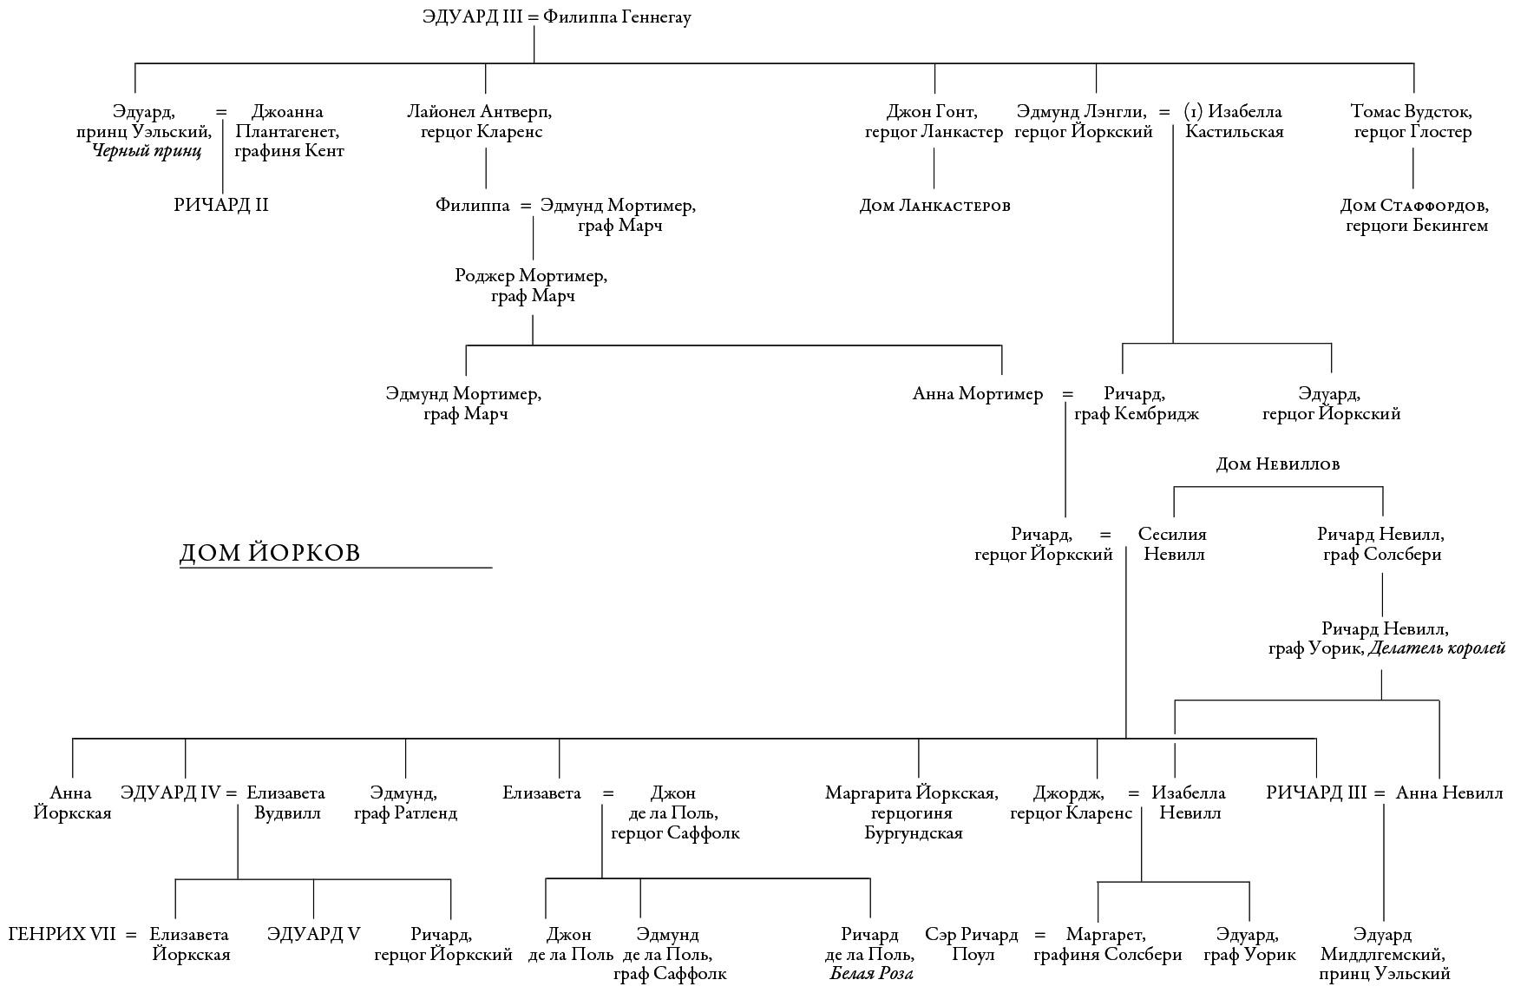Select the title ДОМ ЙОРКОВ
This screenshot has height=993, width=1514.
tap(269, 553)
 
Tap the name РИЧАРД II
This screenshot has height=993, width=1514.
tap(221, 206)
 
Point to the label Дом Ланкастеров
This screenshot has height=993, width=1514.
tap(934, 206)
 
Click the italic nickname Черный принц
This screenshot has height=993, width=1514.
tap(147, 151)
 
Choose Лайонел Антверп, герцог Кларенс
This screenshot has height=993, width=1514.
tap(481, 122)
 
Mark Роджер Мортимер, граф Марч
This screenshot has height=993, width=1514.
tap(532, 286)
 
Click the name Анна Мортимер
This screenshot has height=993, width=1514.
tap(977, 394)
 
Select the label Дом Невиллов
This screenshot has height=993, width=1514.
tap(1277, 464)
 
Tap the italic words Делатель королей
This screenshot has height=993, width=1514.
tap(1436, 648)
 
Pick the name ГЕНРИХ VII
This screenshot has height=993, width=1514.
tap(62, 935)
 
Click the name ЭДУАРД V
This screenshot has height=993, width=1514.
tap(313, 935)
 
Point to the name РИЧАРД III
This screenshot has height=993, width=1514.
tap(1316, 793)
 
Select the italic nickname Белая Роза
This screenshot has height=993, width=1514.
tap(871, 974)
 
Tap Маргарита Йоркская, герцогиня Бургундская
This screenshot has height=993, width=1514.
tap(912, 813)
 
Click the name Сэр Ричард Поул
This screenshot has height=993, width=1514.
tap(972, 944)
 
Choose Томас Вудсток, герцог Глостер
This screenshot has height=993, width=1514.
tap(1412, 122)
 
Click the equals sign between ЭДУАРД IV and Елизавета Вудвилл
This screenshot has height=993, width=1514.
tap(232, 793)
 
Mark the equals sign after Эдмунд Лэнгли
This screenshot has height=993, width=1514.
tap(1164, 112)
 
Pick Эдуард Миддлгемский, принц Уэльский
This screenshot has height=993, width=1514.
tap(1383, 955)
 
